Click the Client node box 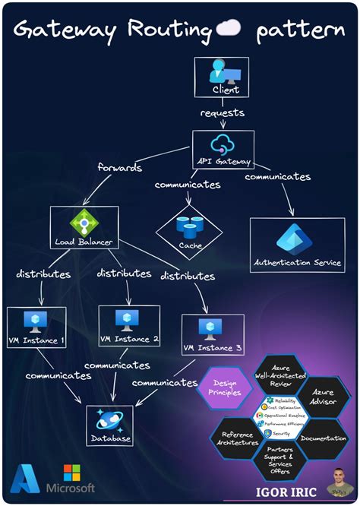point(217,77)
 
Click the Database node point(110,425)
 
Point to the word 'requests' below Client point(222,112)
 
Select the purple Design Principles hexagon point(226,387)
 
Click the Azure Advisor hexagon point(325,397)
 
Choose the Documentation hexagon point(323,438)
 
